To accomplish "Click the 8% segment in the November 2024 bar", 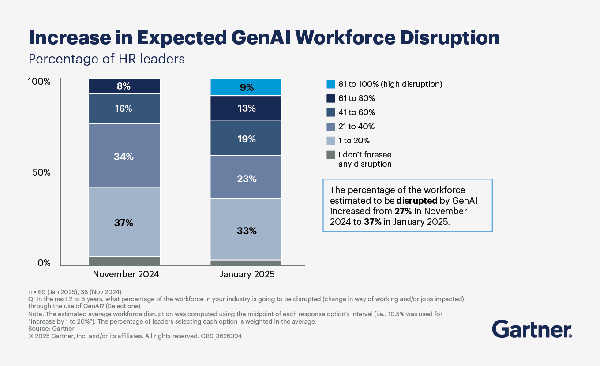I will click(124, 86).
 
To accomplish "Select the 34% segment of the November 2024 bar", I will click(124, 156).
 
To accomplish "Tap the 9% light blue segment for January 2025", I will click(246, 87).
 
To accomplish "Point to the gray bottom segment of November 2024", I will click(124, 261).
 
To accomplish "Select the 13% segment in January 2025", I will click(246, 108).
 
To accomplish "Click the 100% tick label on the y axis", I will click(40, 82).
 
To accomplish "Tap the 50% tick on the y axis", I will click(41, 172).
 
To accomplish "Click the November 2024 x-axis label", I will click(126, 274).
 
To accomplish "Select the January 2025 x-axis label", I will click(247, 274).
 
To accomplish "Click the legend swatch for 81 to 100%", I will click(331, 84).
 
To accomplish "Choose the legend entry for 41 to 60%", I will click(356, 112).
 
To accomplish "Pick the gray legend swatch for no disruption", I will click(331, 155).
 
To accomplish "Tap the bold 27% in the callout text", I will click(403, 211).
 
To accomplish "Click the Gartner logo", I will click(532, 329).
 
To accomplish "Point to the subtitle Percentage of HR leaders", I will click(106, 59).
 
